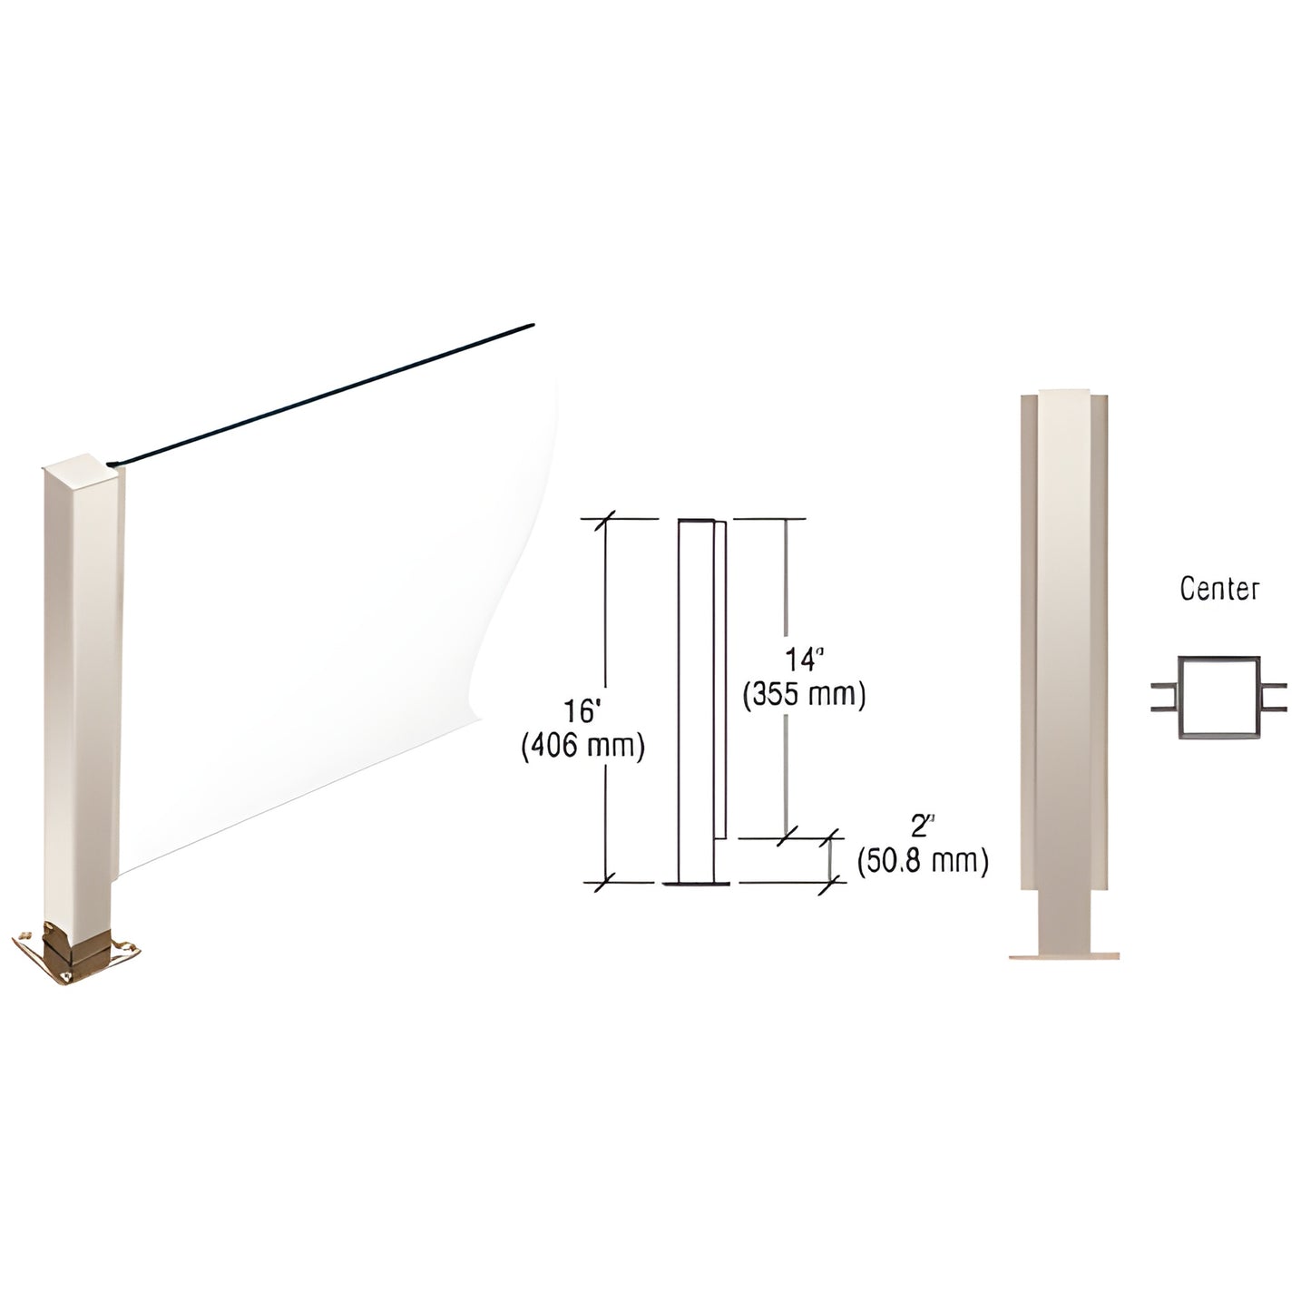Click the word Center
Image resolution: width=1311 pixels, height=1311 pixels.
point(1218,590)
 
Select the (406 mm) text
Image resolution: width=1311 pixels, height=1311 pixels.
point(582,746)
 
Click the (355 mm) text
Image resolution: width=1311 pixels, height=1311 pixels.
point(804,695)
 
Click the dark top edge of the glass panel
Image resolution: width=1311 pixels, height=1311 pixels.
point(327,395)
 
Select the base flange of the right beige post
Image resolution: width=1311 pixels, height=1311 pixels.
point(1063,954)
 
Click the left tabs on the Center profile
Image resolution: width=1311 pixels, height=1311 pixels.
point(1163,696)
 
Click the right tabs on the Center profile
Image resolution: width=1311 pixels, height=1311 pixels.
point(1272,696)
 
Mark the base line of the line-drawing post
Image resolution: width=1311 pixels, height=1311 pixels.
point(695,883)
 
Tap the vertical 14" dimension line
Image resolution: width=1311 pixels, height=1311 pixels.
point(786,590)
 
